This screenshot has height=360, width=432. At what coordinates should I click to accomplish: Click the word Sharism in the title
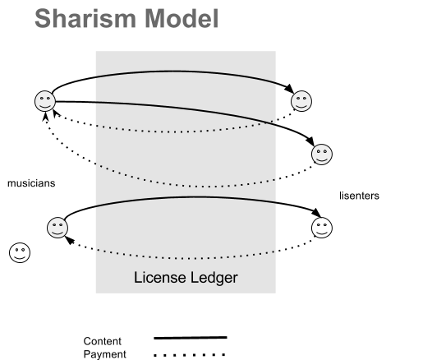[85, 18]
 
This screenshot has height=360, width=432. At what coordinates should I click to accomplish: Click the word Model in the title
[182, 18]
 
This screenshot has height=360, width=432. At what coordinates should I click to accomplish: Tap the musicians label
[31, 183]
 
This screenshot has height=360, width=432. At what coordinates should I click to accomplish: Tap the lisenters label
[359, 196]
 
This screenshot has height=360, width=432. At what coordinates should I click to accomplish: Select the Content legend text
[102, 341]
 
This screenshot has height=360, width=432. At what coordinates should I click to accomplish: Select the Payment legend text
[104, 354]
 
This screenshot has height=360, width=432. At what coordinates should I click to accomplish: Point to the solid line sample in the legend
[191, 337]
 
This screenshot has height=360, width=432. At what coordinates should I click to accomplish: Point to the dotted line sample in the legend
[190, 355]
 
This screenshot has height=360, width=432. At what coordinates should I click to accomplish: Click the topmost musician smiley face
[45, 101]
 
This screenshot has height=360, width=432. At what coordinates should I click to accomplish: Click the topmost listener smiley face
[301, 101]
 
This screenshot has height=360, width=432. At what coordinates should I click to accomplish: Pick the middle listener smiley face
[322, 155]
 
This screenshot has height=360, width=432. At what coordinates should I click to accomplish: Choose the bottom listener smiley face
[322, 228]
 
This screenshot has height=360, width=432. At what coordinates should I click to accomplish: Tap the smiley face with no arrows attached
[20, 253]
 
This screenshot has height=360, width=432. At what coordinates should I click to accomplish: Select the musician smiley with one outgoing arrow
[57, 228]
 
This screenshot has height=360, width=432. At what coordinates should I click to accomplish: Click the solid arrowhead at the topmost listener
[289, 88]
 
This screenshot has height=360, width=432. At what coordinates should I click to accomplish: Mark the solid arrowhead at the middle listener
[310, 141]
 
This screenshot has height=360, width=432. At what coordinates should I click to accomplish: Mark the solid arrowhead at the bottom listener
[316, 212]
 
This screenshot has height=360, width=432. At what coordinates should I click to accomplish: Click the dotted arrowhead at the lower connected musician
[71, 241]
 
